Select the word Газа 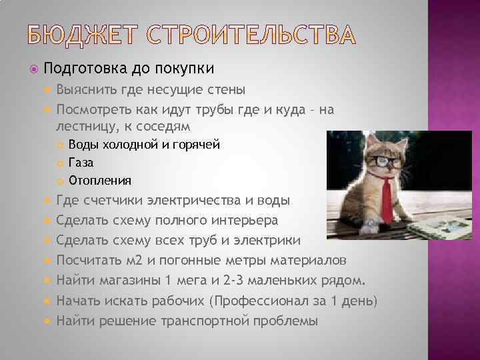pyautogui.click(x=81, y=162)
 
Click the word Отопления pyautogui.click(x=100, y=180)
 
